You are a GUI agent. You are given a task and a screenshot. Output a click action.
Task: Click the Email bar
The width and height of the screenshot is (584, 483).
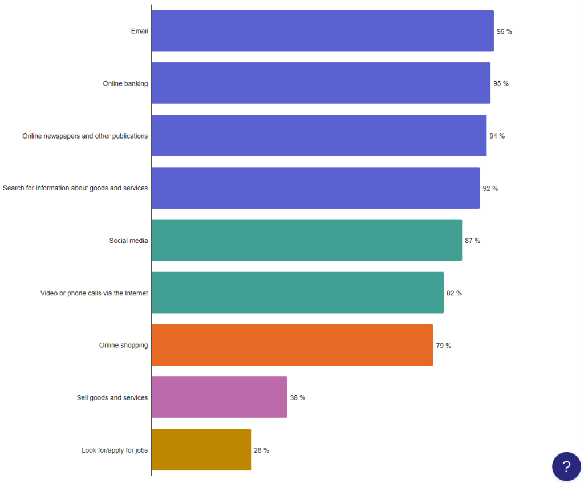322,31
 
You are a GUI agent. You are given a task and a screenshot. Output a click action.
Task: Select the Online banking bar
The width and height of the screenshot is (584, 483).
321,83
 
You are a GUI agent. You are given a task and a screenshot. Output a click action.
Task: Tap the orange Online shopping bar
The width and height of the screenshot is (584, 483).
292,345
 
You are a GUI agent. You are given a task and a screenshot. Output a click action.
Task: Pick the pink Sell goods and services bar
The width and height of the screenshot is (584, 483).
219,397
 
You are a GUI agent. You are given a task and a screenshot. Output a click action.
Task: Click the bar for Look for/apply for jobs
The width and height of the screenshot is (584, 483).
201,450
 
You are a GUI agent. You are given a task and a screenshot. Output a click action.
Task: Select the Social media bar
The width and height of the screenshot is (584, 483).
306,240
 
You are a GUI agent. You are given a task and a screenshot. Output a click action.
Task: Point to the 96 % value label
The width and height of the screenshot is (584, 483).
504,31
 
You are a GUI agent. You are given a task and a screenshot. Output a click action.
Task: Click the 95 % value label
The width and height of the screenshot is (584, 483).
501,84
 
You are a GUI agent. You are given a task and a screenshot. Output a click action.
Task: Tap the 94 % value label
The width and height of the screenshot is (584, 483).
497,136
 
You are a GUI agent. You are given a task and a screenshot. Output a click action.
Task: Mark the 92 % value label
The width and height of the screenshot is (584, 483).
490,188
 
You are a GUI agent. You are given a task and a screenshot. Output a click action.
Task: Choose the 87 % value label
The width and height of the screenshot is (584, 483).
472,241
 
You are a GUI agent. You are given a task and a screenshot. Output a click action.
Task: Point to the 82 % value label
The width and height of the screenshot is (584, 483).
454,293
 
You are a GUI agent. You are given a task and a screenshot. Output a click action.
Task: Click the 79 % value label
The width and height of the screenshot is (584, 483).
443,346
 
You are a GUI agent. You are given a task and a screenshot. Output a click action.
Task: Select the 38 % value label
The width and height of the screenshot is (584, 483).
297,398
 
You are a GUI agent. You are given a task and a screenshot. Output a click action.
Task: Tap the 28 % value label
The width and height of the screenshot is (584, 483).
261,450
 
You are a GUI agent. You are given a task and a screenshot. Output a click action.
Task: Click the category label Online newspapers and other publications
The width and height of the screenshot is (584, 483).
85,136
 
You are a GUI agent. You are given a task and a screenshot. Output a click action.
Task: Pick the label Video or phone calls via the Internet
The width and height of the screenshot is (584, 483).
94,293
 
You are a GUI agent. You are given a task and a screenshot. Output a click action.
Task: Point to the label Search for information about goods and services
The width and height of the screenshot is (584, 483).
75,188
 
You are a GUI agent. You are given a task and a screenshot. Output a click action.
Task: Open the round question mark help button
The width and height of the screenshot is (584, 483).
566,466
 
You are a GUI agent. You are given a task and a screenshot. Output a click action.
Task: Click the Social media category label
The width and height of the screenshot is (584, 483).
128,241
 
